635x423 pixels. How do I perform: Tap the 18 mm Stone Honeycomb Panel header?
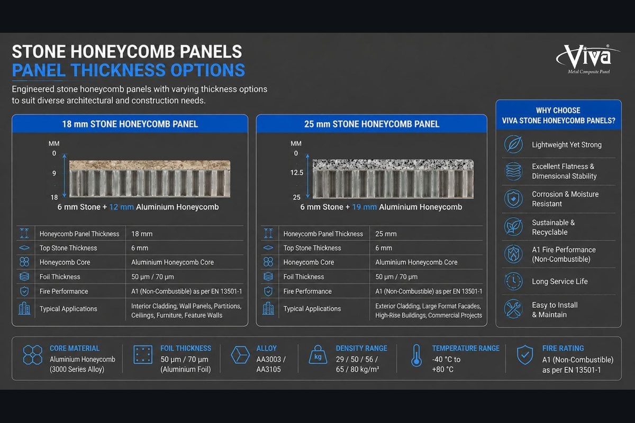click(130, 124)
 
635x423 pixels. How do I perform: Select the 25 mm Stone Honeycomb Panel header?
click(371, 124)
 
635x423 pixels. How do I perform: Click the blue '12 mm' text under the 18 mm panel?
click(121, 207)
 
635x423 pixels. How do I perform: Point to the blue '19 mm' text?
click(364, 207)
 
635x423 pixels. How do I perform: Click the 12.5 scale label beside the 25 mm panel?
click(297, 172)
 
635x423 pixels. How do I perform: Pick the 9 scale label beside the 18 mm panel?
click(54, 173)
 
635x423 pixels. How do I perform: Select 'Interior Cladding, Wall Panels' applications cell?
click(186, 310)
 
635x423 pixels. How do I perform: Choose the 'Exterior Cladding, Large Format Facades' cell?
click(428, 310)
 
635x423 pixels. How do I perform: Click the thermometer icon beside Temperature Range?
click(416, 355)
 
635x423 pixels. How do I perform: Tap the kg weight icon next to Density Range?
click(318, 355)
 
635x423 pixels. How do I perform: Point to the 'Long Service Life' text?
click(560, 281)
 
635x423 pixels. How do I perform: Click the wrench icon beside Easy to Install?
click(513, 309)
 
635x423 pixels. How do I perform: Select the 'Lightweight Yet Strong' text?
click(566, 145)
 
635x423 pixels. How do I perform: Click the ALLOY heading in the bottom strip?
click(266, 348)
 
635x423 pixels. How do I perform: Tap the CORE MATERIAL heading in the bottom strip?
click(75, 348)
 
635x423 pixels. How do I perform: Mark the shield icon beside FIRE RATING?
click(525, 355)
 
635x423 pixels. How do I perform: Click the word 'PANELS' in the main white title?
click(211, 52)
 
